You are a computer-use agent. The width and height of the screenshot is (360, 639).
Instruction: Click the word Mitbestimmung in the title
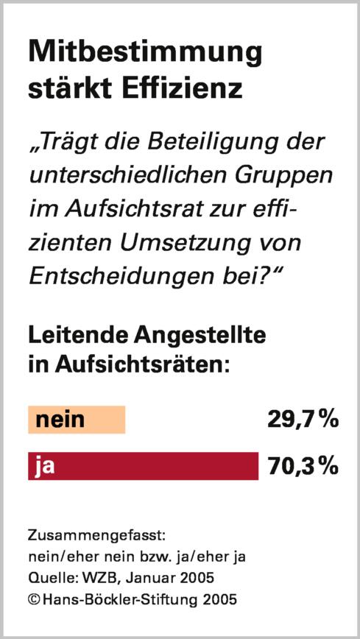point(144,54)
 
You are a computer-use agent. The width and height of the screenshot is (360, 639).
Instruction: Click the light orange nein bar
point(77,420)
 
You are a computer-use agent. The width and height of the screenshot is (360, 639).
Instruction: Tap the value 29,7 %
point(303,420)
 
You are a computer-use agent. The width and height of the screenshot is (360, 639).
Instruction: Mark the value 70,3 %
point(303,466)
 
